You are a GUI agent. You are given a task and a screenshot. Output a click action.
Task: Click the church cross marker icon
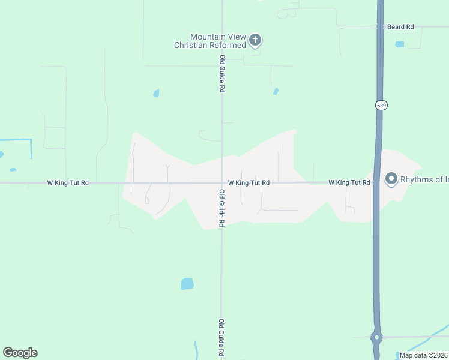(255, 41)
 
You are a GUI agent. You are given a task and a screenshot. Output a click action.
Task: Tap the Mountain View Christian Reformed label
(210, 41)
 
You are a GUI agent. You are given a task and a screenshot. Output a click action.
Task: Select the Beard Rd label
(400, 27)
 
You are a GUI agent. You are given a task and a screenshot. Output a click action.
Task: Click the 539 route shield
(382, 105)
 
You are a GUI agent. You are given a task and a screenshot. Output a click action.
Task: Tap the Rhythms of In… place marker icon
(391, 179)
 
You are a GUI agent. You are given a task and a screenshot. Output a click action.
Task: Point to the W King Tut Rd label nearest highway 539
(349, 182)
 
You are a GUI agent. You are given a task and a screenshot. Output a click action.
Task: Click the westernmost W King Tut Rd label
(68, 182)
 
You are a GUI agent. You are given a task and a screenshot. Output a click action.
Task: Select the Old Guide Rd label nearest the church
(222, 74)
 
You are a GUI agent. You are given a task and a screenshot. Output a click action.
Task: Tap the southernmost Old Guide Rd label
(221, 338)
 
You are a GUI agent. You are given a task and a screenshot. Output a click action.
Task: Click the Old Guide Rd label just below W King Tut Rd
(221, 208)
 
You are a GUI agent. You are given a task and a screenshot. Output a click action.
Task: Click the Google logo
(20, 352)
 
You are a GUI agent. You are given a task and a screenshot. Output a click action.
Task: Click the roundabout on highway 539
(376, 338)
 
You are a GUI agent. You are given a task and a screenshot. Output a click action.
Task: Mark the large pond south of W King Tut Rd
(187, 284)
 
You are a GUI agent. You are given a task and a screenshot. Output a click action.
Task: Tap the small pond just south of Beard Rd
(400, 44)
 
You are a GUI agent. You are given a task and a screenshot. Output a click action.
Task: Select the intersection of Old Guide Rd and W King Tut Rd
(221, 182)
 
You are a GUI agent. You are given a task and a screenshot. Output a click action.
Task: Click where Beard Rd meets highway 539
(380, 27)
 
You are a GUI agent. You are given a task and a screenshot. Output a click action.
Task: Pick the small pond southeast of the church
(276, 91)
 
